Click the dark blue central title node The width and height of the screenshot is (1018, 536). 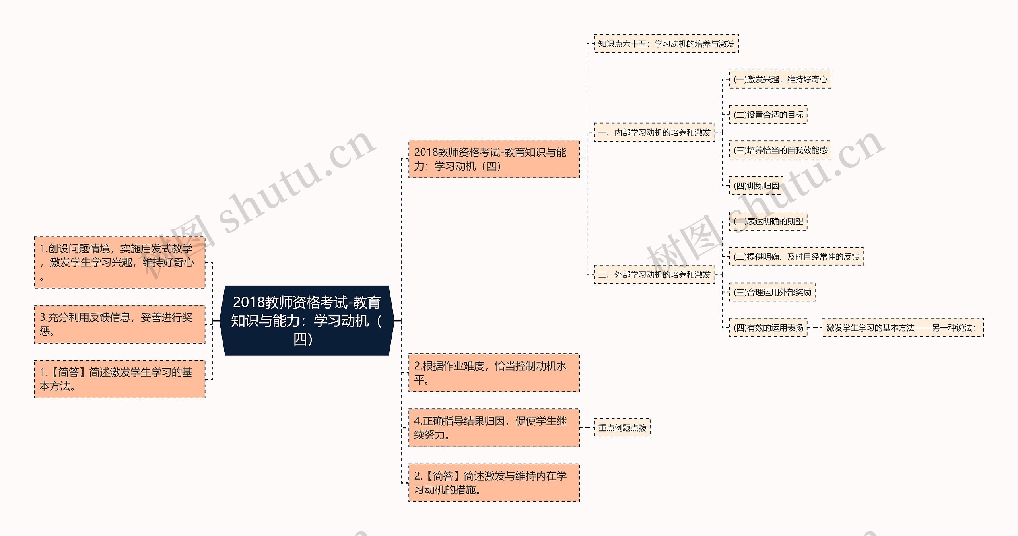(307, 320)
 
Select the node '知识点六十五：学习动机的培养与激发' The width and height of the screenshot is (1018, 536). (666, 44)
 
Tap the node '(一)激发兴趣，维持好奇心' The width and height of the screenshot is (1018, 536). (780, 79)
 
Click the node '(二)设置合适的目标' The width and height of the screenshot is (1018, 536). (768, 115)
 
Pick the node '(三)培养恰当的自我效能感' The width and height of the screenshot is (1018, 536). (780, 150)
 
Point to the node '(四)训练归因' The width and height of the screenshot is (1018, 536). (756, 186)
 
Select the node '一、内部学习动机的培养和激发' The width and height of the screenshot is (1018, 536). (654, 132)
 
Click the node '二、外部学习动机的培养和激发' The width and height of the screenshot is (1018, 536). (654, 274)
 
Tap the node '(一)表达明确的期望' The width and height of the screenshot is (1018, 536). (768, 221)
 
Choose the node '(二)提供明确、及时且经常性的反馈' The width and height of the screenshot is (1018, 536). (796, 257)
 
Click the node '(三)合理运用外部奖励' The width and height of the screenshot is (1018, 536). (772, 292)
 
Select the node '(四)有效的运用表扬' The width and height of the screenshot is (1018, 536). (768, 328)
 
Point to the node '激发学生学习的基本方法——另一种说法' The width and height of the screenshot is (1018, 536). (902, 328)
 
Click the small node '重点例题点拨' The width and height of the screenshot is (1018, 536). (622, 428)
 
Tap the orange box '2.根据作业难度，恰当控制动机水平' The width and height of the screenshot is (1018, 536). (494, 373)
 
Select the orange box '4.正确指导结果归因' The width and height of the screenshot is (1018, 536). (494, 428)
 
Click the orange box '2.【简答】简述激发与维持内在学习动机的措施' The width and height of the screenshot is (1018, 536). (494, 483)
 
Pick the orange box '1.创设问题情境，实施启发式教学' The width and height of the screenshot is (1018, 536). (120, 262)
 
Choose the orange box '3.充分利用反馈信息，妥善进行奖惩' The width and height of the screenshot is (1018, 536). (120, 324)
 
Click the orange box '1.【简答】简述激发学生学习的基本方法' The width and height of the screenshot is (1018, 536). (120, 379)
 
